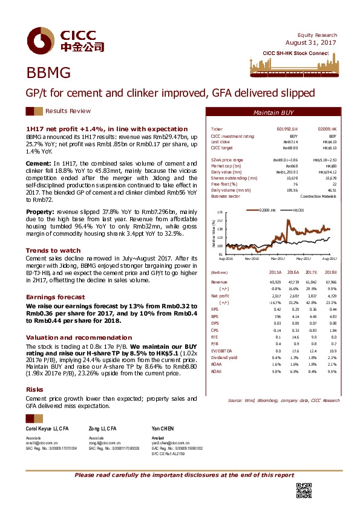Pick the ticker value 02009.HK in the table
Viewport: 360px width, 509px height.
327,129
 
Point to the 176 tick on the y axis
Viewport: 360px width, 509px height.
220,213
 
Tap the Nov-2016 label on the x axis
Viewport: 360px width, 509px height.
252,258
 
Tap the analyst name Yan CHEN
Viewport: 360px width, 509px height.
160,427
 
